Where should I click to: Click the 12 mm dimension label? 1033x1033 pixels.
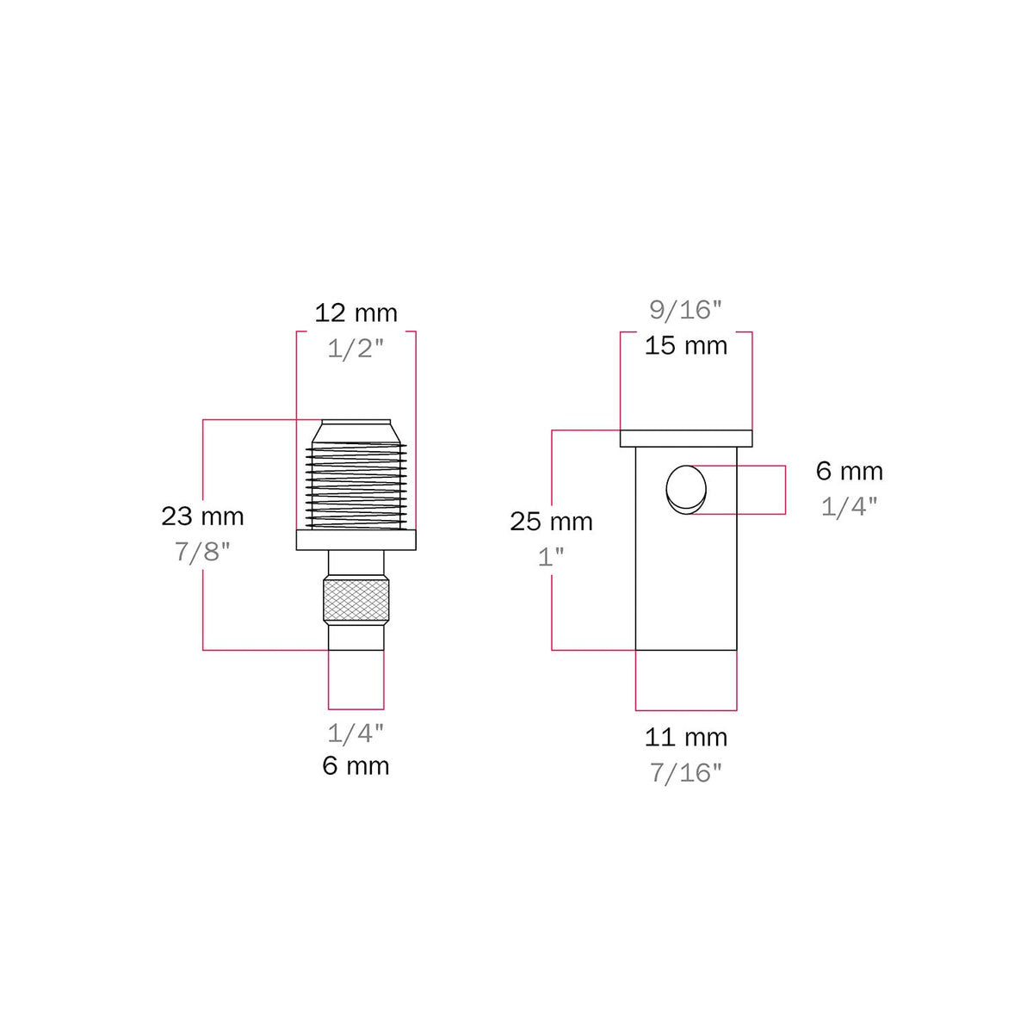point(356,313)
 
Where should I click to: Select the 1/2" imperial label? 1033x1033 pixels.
point(356,349)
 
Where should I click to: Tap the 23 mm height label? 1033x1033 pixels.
point(202,516)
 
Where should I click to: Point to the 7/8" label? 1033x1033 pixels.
point(202,552)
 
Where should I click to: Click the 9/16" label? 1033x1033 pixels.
point(685,310)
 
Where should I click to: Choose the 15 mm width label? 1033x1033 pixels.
point(685,346)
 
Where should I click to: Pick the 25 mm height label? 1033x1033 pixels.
point(551,522)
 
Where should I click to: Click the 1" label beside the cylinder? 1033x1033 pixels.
point(551,557)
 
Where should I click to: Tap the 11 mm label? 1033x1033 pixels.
point(685,738)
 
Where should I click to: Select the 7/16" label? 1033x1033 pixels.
point(685,773)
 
